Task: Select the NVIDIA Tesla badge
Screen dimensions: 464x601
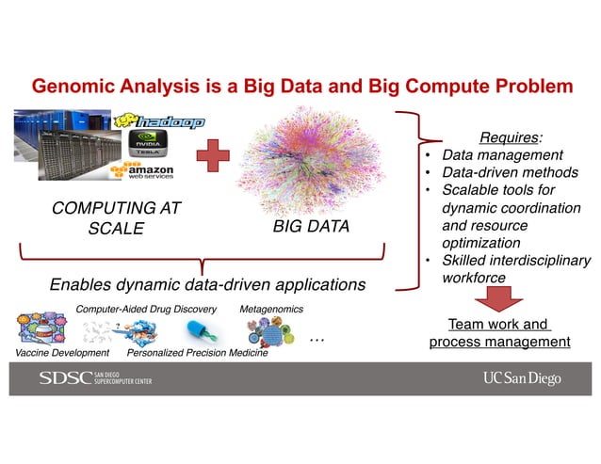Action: coord(149,146)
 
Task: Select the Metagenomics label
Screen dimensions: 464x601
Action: coord(272,309)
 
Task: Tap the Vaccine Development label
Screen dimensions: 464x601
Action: coord(58,354)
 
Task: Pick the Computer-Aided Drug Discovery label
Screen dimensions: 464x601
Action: coord(146,309)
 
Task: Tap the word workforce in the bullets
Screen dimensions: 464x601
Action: coord(475,278)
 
